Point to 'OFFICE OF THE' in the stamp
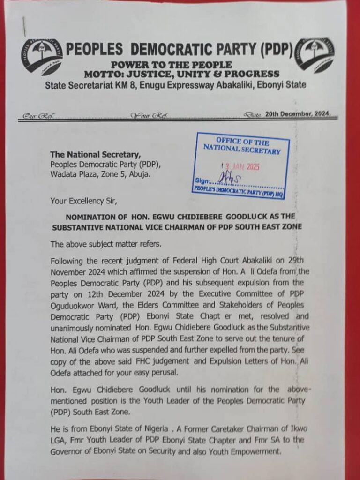click(x=242, y=142)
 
